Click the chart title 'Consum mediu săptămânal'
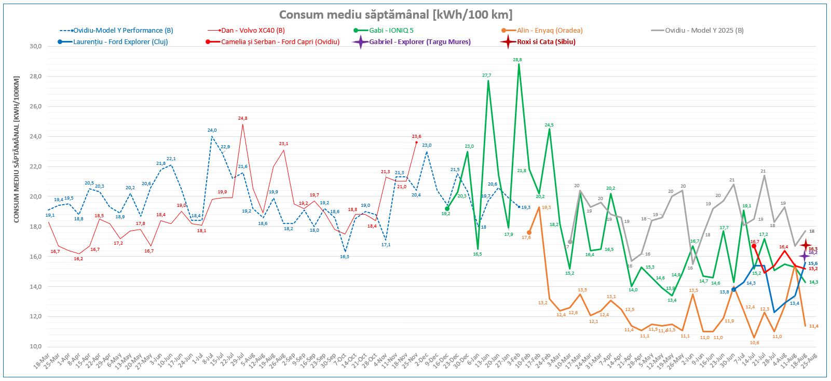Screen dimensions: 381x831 [x=396, y=15]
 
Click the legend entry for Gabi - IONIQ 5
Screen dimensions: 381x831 [x=391, y=31]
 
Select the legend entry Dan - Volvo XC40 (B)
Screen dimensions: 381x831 [x=253, y=31]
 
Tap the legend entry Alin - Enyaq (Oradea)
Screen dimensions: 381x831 [x=549, y=31]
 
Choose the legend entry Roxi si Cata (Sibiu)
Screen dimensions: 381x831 [x=546, y=42]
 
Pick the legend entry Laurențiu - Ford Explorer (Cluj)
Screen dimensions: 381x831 [x=120, y=42]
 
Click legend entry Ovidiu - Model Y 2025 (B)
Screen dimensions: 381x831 [x=704, y=31]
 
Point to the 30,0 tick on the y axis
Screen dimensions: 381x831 [x=35, y=46]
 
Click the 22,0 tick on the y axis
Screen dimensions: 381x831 [x=35, y=166]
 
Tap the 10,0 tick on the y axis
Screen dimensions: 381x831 [x=35, y=346]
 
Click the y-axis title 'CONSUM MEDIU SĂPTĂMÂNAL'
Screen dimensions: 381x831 [x=16, y=150]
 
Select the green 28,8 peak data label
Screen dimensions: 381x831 [x=517, y=60]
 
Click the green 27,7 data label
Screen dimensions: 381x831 [x=486, y=75]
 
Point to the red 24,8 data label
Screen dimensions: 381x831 [x=242, y=118]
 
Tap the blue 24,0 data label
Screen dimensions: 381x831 [x=212, y=130]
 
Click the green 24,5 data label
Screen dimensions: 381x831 [x=549, y=125]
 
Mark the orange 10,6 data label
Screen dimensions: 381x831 [x=754, y=343]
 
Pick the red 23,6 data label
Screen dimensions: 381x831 [x=416, y=136]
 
